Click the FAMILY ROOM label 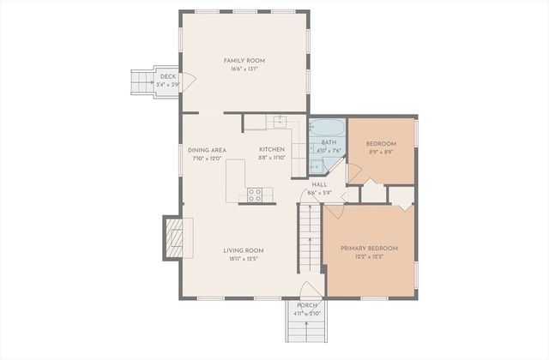point(244,60)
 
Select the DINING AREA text point(206,149)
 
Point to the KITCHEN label point(272,149)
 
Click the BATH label point(329,142)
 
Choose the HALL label point(319,184)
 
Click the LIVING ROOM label point(243,250)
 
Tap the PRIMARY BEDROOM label point(369,249)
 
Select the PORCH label point(307,306)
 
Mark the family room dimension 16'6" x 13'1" point(244,69)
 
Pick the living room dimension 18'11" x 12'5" point(243,259)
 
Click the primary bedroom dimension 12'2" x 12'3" point(369,257)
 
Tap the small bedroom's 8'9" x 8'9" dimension point(381,152)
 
